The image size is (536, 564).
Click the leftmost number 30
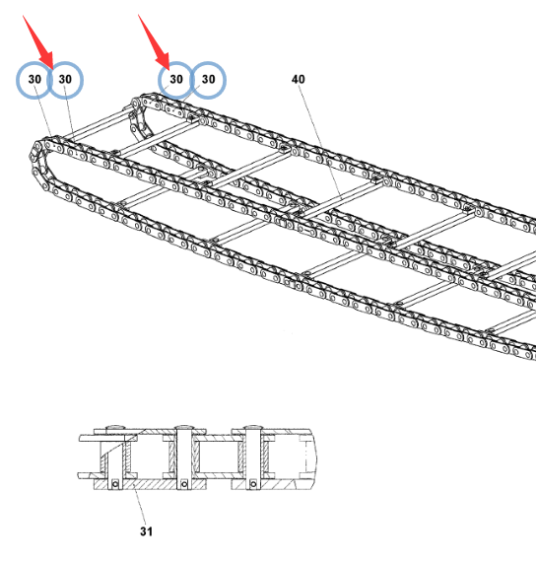coord(34,79)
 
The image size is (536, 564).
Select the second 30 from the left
coord(65,79)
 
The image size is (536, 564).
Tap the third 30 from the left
coord(176,79)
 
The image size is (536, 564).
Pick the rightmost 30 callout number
coord(208,79)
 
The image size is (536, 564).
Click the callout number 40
coord(298,79)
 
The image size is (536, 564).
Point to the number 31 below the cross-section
coord(146,531)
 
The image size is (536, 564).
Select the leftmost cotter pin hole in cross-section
coord(115,484)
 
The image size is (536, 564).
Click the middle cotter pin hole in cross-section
coord(184,484)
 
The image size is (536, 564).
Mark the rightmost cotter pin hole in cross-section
coord(253,484)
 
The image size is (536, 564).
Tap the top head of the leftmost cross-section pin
coord(115,427)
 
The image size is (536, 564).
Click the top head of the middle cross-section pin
coord(184,427)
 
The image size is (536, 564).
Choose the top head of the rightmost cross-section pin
coord(253,427)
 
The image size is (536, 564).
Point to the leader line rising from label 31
coord(140,505)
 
